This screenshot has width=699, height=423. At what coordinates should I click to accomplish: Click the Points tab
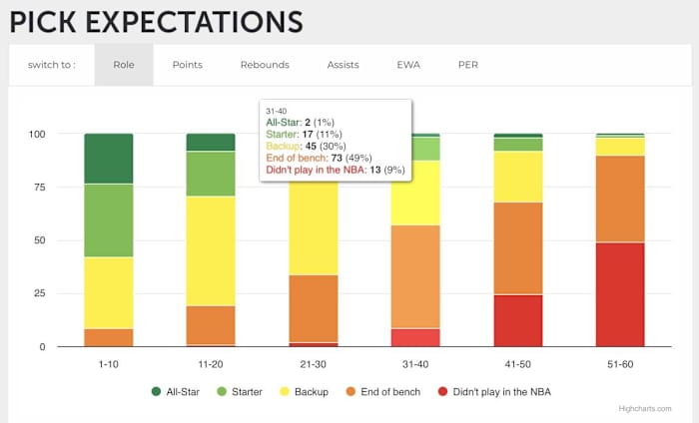[x=187, y=65]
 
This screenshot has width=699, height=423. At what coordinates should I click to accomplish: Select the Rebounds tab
[x=265, y=65]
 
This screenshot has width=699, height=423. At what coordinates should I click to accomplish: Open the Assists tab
[x=343, y=65]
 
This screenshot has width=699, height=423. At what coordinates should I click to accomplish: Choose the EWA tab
[x=408, y=65]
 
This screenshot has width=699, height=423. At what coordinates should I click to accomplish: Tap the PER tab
[x=467, y=65]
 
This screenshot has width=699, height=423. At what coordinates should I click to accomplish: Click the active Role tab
[x=124, y=65]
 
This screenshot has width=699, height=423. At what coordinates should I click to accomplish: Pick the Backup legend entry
[x=309, y=392]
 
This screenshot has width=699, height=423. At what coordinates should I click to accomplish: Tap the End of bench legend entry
[x=391, y=392]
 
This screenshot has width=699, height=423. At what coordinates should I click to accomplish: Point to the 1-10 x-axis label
[x=109, y=364]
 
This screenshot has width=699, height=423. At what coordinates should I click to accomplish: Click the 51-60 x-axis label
[x=620, y=364]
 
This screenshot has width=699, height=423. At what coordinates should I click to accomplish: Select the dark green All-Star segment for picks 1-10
[x=109, y=159]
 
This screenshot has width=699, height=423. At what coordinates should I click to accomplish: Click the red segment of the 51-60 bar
[x=620, y=294]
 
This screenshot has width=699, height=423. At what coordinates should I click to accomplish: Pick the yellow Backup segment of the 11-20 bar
[x=211, y=250]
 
